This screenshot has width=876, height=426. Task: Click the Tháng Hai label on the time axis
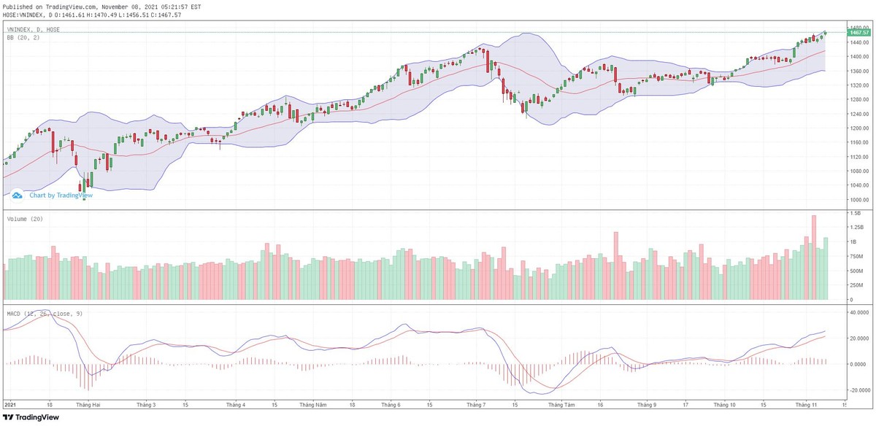coord(88,404)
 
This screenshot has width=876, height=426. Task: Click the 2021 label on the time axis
coord(11,404)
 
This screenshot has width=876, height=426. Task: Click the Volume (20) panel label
coord(24,219)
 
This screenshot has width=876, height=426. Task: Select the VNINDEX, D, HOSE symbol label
coord(34,29)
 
